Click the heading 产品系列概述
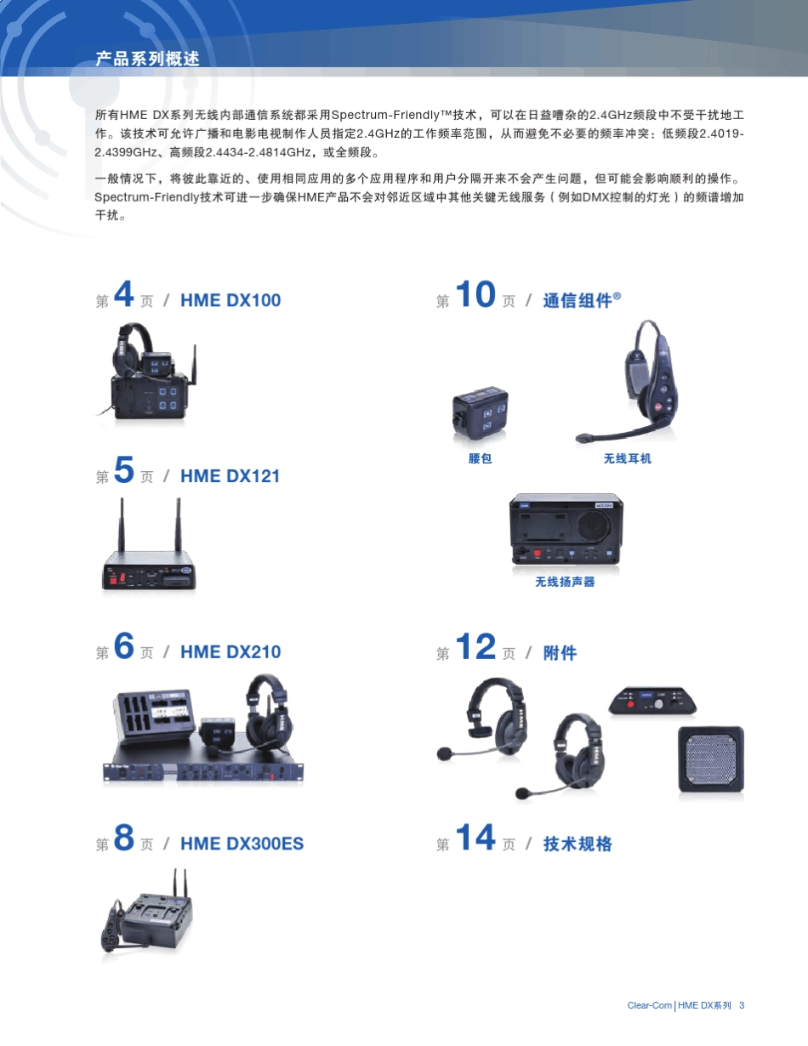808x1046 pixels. pos(148,59)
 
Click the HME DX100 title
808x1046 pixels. pos(230,300)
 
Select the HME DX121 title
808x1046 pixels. pos(230,476)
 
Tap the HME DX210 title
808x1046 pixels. pos(230,652)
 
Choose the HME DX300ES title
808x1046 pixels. pos(242,844)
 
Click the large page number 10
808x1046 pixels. pos(475,295)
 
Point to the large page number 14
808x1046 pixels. pos(475,839)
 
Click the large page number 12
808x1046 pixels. pos(475,647)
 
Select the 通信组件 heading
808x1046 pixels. pos(578,300)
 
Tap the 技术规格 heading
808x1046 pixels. pos(578,844)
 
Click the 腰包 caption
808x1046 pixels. pos(481,458)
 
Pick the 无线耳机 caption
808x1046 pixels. pos(628,458)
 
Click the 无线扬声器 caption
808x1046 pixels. pos(565,582)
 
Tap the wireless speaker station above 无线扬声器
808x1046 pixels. pos(566,531)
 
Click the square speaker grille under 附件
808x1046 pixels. pos(711,762)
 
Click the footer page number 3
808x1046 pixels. pos(742,1005)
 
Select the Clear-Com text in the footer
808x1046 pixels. pos(649,1005)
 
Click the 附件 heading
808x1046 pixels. pos(560,653)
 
